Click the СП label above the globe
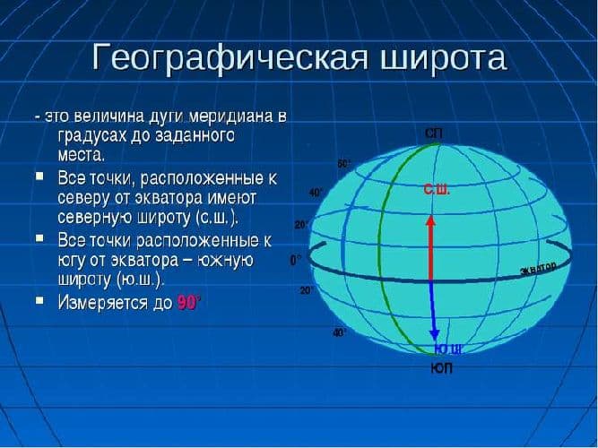[433, 134]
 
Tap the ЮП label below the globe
[442, 367]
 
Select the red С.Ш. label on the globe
[437, 190]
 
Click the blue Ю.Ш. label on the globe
[447, 349]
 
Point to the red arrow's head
[430, 220]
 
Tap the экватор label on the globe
[538, 269]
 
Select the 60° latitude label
[344, 164]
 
